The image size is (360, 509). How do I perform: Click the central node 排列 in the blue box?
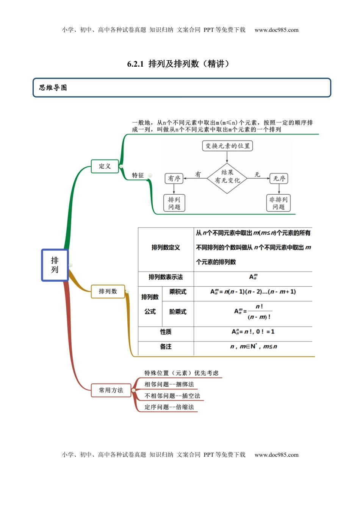55,265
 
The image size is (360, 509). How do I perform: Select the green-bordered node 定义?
105,166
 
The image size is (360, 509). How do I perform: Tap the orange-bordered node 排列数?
108,291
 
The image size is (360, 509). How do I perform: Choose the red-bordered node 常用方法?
111,390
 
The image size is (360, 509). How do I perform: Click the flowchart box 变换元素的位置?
227,146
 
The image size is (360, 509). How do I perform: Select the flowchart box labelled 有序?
174,178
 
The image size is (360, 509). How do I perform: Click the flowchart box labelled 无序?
279,178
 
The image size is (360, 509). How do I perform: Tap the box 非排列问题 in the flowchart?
279,203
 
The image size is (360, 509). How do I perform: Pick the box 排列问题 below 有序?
174,203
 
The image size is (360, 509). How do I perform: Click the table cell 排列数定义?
166,248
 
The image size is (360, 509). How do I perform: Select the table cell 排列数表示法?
166,277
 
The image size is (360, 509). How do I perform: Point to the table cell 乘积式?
178,292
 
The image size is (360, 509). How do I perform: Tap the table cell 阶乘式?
178,312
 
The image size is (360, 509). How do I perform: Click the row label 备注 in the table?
166,347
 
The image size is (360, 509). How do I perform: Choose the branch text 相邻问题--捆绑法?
169,384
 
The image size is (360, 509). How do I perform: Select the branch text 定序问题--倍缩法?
169,407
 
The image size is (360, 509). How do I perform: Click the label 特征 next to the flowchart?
138,175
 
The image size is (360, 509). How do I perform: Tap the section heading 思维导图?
53,88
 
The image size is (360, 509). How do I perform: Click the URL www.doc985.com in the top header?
276,30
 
